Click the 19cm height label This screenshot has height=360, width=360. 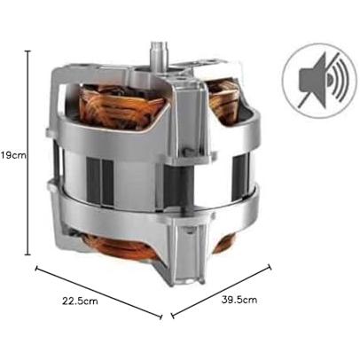[x=13, y=155]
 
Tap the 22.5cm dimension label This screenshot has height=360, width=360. [x=80, y=301]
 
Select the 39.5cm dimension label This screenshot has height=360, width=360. [x=239, y=300]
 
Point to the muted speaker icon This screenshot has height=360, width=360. [x=319, y=81]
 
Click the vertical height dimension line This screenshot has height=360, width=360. [x=28, y=153]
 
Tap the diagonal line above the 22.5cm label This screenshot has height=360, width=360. [x=98, y=293]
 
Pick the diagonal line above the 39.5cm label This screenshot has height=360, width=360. [x=221, y=291]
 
